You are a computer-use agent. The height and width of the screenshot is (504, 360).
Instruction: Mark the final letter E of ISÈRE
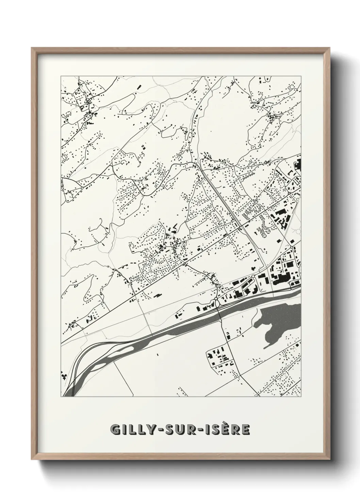click(246, 430)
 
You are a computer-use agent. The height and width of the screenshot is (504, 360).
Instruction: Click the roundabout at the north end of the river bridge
click(216, 299)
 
